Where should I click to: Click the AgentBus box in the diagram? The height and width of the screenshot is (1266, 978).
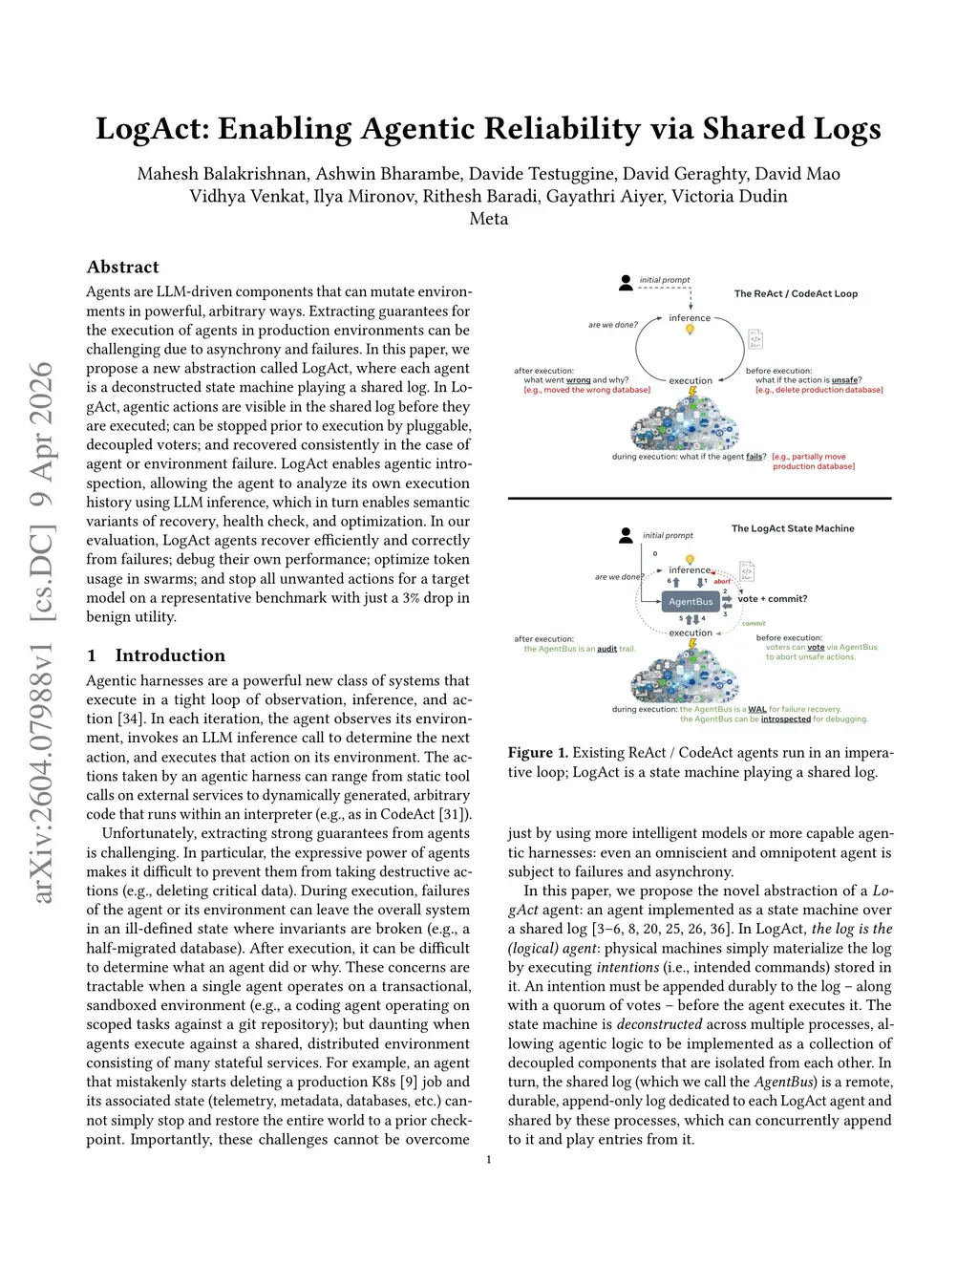point(691,602)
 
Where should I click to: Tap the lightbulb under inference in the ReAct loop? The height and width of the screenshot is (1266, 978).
point(690,330)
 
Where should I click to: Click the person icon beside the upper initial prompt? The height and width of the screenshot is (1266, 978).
point(626,282)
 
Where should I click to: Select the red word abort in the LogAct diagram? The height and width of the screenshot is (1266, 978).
point(722,581)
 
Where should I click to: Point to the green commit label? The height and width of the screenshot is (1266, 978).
point(755,623)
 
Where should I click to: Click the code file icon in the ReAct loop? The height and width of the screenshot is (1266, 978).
point(755,339)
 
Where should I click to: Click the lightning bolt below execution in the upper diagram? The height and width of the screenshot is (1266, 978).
point(692,393)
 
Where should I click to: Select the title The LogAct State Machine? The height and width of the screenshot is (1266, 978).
point(793,528)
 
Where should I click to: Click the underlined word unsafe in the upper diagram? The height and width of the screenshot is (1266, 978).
point(844,380)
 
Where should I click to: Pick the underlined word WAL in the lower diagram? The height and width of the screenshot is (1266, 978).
point(757,709)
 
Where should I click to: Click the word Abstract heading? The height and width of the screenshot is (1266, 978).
point(122,267)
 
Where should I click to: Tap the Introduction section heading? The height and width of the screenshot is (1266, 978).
point(170,655)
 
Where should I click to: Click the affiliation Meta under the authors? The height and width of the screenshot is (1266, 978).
point(489,219)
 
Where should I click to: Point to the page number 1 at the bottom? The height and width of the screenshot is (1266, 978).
point(489,1160)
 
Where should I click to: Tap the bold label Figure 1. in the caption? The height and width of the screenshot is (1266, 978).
point(538,753)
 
